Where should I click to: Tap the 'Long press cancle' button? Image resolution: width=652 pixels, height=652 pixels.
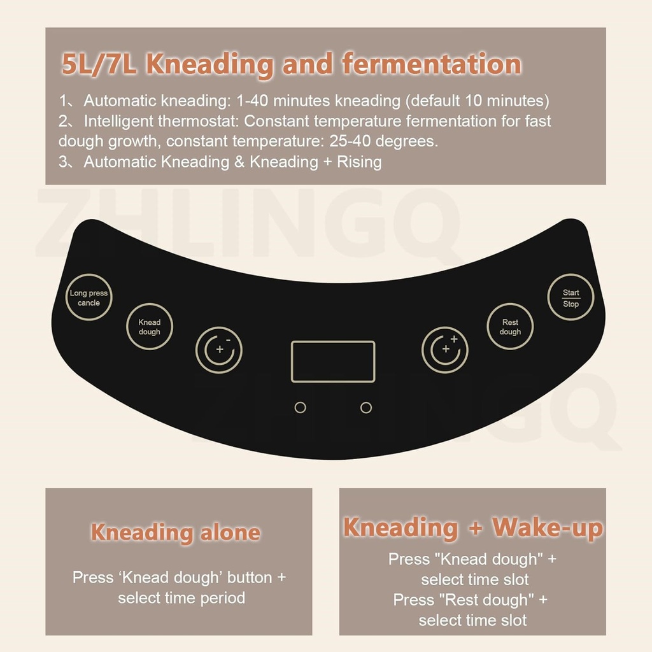click(89, 297)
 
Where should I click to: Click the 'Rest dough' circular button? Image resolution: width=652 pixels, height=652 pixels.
click(510, 327)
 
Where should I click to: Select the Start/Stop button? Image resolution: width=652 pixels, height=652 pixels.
click(570, 297)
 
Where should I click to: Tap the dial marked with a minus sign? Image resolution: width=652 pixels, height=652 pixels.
click(219, 350)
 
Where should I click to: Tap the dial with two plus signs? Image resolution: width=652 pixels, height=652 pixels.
click(444, 350)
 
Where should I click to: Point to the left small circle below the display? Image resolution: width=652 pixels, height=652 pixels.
click(301, 407)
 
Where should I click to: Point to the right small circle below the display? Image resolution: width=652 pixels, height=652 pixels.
click(366, 407)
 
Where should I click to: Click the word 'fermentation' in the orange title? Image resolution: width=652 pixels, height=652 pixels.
click(432, 64)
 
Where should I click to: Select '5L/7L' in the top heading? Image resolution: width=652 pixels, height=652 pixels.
click(99, 64)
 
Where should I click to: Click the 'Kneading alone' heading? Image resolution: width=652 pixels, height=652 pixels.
click(176, 533)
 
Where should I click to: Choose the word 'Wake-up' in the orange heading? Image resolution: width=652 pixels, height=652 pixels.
click(547, 528)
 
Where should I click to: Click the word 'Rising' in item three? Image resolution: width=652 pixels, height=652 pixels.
click(359, 162)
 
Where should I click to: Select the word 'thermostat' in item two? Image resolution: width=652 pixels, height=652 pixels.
click(199, 121)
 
